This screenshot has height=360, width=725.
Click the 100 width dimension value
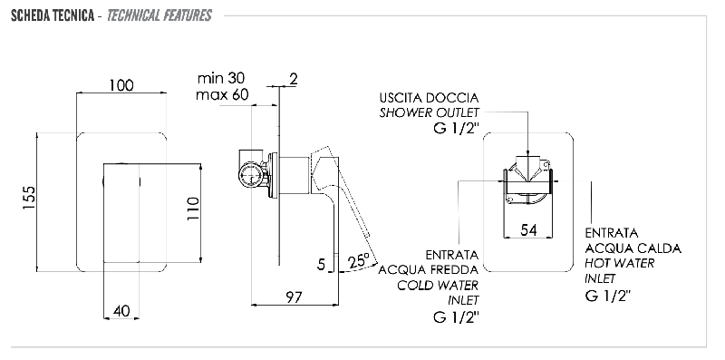[x=121, y=85]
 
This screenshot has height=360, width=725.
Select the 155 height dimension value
[x=29, y=198]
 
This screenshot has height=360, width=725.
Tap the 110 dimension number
[x=192, y=209]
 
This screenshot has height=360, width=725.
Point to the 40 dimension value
[x=121, y=311]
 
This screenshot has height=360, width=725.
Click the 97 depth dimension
[x=293, y=297]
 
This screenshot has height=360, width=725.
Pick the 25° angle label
[x=360, y=260]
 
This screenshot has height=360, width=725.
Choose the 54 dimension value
[x=528, y=230]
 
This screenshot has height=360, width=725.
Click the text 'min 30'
[x=221, y=77]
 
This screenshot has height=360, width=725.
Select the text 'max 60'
[x=222, y=95]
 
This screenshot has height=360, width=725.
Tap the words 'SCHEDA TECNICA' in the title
[x=53, y=15]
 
